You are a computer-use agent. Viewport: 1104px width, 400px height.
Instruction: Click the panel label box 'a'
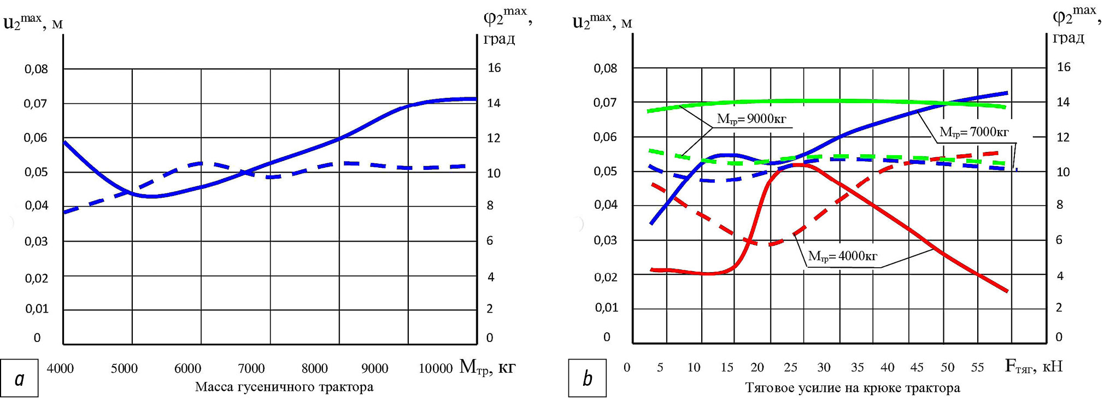point(20,378)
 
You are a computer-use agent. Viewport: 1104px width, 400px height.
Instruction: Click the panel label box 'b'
point(588,378)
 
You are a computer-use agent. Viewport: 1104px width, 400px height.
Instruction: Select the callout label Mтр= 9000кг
point(751,119)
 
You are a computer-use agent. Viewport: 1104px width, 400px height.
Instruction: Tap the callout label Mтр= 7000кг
point(974,132)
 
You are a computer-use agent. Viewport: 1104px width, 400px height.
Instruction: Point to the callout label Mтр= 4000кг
point(842,256)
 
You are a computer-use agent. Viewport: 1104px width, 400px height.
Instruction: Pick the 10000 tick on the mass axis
point(436,369)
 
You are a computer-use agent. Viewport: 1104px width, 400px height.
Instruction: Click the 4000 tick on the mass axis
point(60,369)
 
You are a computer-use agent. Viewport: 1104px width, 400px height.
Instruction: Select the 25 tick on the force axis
point(790,368)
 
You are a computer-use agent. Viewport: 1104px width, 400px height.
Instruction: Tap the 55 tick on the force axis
point(977,368)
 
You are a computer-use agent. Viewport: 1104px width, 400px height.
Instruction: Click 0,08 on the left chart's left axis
point(36,69)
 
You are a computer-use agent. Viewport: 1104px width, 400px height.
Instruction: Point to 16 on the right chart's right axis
point(1064,67)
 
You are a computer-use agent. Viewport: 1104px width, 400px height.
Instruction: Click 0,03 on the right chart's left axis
point(606,240)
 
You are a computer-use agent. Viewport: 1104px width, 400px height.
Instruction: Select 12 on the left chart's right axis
point(494,138)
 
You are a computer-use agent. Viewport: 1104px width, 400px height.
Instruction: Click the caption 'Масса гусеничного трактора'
point(284,387)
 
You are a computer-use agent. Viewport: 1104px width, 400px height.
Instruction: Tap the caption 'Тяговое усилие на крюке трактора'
point(853,388)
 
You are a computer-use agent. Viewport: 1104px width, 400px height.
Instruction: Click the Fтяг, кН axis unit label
point(1033,366)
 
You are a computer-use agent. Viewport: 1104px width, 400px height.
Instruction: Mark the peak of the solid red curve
point(796,164)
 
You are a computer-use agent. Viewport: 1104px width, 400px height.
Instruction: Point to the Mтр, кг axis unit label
point(487,367)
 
